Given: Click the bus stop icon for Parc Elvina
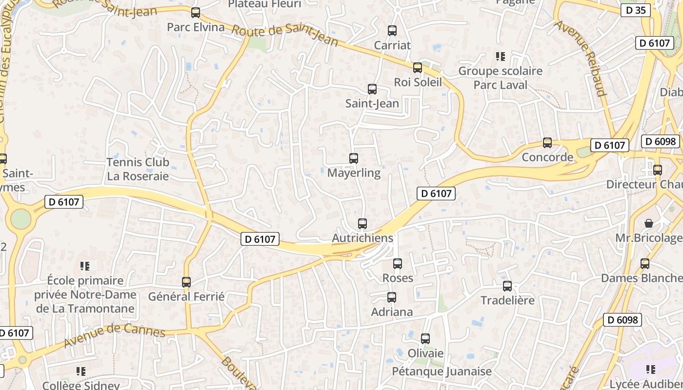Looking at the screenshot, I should click(196, 13).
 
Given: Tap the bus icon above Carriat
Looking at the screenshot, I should click(392, 31).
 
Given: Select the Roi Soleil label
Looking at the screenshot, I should click(418, 82).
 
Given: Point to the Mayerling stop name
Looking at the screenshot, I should click(354, 173).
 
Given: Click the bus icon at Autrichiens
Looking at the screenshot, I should click(362, 224).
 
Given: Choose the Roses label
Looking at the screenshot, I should click(398, 278).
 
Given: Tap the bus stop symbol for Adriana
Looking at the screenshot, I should click(392, 297).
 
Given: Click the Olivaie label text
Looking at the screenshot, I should click(425, 353).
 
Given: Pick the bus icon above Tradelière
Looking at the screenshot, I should click(507, 286).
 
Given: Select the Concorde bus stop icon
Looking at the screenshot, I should click(547, 143).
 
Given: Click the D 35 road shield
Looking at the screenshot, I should click(636, 10).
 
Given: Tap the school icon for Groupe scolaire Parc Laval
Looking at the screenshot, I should click(500, 57).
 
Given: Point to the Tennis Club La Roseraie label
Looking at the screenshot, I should click(138, 169).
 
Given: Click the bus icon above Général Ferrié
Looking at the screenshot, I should click(186, 282).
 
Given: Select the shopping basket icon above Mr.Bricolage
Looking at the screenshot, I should click(649, 223).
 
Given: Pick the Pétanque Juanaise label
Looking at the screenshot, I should click(442, 371).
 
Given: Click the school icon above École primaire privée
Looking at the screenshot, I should click(85, 266).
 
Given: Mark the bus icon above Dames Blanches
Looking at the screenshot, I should click(645, 264).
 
